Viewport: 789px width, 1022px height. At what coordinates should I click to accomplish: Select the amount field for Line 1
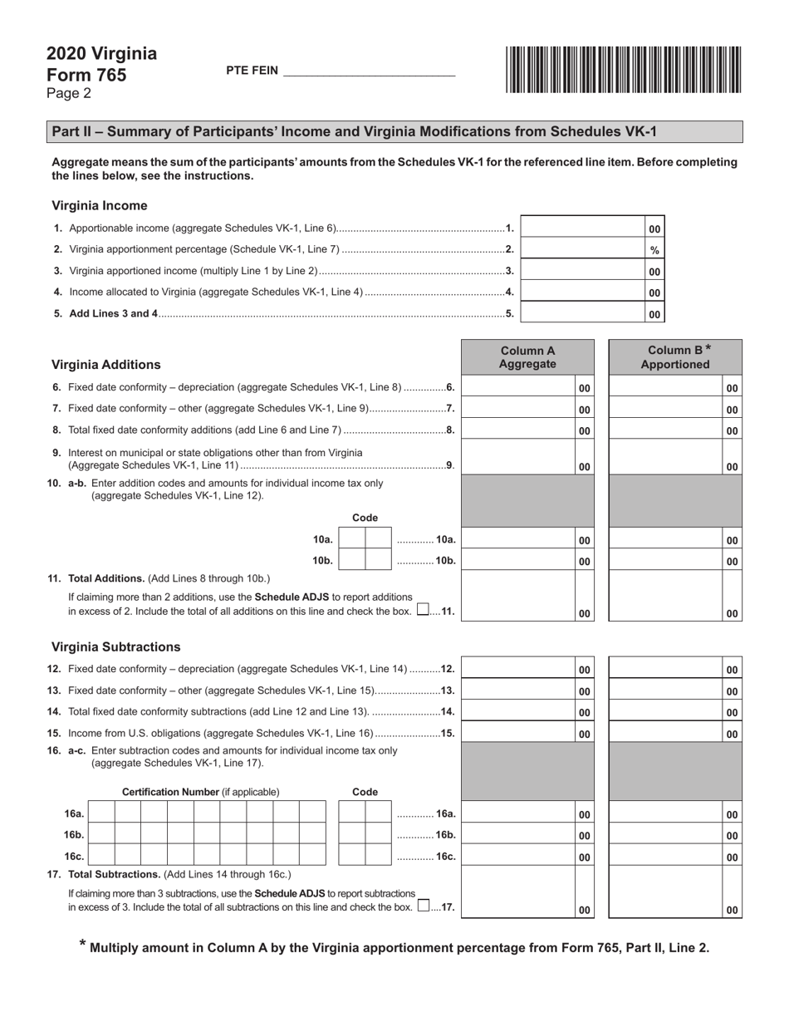click(x=582, y=228)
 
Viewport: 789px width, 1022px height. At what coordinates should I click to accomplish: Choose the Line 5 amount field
click(x=582, y=313)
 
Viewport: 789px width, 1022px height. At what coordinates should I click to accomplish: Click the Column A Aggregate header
click(x=527, y=357)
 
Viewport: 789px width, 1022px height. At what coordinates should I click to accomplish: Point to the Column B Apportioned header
click(x=675, y=357)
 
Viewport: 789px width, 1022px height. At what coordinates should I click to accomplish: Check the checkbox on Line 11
click(x=424, y=609)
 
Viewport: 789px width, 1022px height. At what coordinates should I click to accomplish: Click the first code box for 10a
click(x=353, y=539)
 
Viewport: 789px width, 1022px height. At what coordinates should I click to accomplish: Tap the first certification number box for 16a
click(x=100, y=813)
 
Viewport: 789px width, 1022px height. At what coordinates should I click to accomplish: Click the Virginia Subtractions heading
click(x=115, y=646)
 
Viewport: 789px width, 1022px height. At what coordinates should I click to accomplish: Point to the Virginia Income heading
click(x=100, y=205)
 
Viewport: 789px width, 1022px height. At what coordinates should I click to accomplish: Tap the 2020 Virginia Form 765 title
click(x=101, y=65)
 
